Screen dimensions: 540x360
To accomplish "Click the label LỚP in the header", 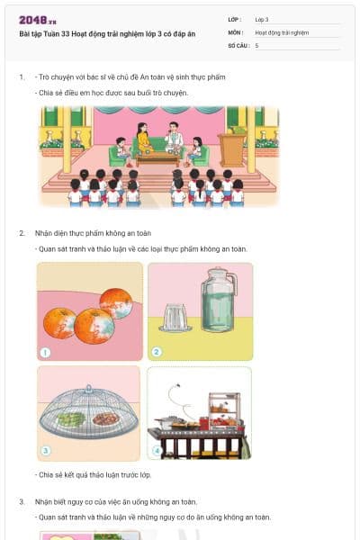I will (234, 19).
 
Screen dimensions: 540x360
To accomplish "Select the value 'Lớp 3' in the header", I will (262, 19).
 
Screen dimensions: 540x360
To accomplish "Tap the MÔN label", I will (235, 32).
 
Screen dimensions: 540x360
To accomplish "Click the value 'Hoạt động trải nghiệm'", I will (282, 32).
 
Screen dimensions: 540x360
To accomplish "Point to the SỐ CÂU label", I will (238, 45).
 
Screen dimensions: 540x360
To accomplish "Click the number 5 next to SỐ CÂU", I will (257, 45).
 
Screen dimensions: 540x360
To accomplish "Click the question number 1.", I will (22, 77).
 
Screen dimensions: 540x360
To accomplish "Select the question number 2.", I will (22, 233).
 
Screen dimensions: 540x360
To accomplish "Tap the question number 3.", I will (22, 501).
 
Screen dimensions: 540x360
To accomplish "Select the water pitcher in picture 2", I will (219, 301).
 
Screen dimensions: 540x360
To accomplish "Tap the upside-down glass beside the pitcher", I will (175, 316).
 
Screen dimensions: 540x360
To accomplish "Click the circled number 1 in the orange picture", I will (45, 352).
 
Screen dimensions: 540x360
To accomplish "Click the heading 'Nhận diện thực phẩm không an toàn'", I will (85, 233).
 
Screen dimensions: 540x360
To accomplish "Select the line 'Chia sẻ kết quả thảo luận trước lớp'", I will (94, 474).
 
